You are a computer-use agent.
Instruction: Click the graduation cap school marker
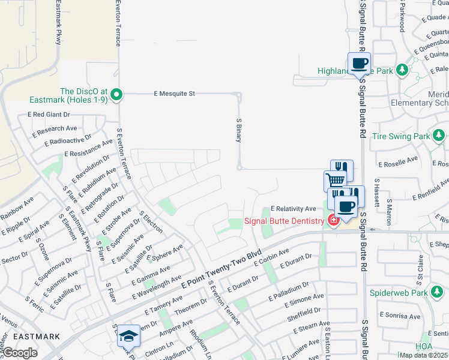point(128,336)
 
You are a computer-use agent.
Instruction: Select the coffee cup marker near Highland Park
point(359,64)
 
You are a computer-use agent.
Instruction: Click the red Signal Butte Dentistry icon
point(333,221)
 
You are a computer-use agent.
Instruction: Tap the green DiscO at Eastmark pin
point(117,94)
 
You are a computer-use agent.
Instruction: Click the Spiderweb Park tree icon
point(439,293)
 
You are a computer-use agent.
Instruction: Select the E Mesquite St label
point(175,94)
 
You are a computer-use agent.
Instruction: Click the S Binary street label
point(238,130)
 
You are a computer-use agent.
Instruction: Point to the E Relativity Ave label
point(293,209)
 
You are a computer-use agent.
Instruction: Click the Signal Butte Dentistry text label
point(284,221)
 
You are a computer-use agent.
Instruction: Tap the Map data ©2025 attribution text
point(422,355)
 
